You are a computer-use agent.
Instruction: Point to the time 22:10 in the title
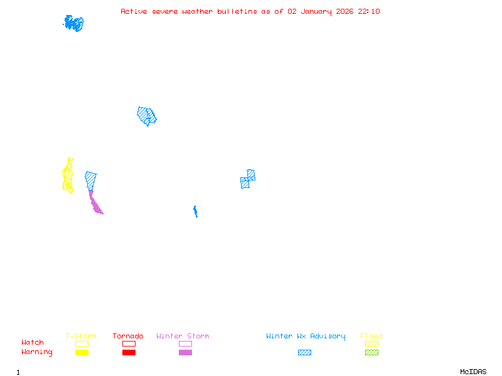click(369, 11)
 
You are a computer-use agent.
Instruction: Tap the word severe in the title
click(165, 11)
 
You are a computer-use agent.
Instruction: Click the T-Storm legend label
click(81, 337)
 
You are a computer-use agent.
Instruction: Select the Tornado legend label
click(128, 337)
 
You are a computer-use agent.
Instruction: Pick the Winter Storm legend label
click(183, 337)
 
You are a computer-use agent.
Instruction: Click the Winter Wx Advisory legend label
click(306, 337)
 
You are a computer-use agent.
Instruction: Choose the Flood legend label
click(371, 337)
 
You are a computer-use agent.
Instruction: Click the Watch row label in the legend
click(33, 343)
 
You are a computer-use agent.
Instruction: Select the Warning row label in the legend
click(37, 352)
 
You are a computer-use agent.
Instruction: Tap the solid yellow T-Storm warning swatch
click(82, 353)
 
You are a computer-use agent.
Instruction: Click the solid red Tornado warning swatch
click(129, 353)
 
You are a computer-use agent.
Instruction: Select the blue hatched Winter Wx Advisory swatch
click(304, 353)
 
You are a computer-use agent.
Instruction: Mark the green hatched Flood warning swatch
click(371, 353)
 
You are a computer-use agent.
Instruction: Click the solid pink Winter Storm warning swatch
click(185, 353)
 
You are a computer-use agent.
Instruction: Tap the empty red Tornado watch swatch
click(129, 343)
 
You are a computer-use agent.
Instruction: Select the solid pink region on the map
click(95, 204)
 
